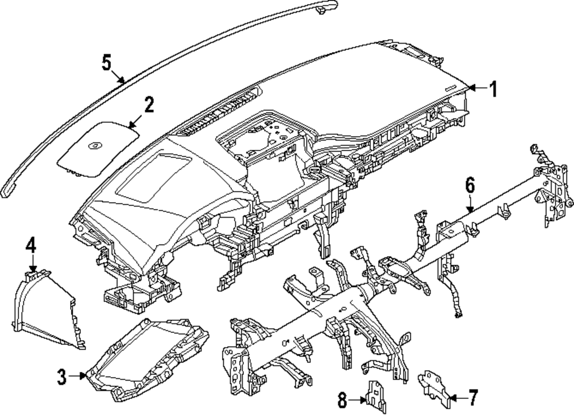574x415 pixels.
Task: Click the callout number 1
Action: tap(492, 88)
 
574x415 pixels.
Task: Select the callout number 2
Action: tap(148, 105)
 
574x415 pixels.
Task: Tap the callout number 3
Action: tap(61, 377)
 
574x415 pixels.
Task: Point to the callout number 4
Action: tap(31, 247)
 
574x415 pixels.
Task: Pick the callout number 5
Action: tap(107, 62)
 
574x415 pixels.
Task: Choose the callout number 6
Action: tap(470, 185)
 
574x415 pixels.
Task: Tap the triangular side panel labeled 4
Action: tap(49, 310)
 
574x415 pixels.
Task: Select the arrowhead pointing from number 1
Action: tap(471, 88)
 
